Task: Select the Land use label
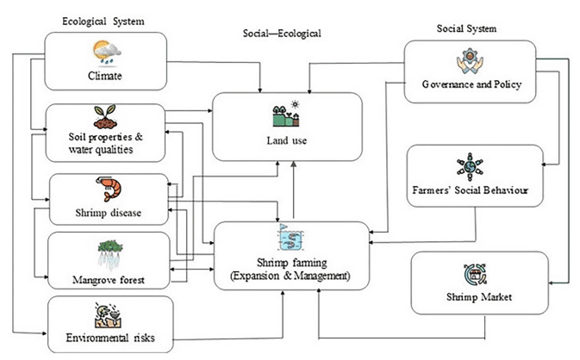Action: (286, 140)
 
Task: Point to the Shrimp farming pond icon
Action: (289, 236)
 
